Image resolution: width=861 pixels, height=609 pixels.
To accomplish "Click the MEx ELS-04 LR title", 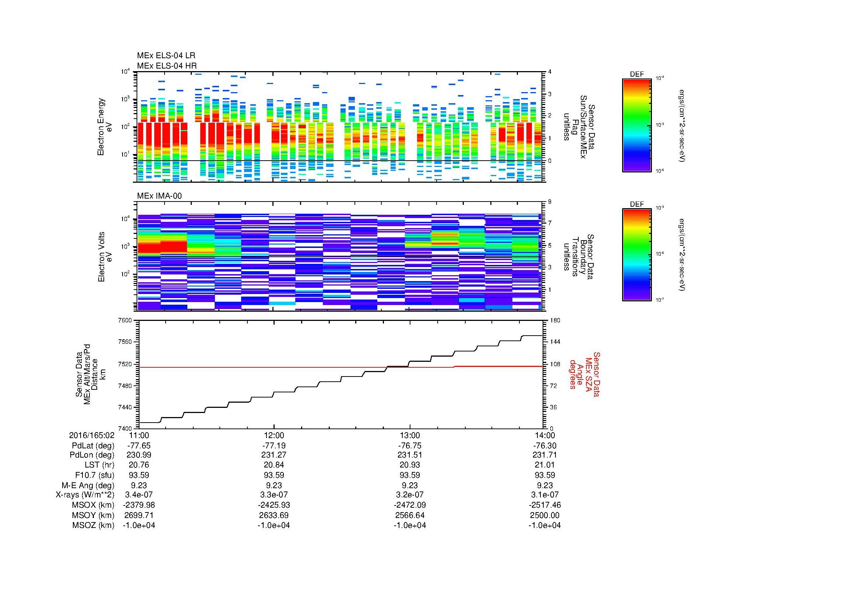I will click(166, 56).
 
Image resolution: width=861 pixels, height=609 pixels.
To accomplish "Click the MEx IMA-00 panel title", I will click(159, 196).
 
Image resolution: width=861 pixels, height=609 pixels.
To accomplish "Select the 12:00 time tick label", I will click(274, 435).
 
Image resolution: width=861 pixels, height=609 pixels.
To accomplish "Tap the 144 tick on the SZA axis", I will click(555, 342).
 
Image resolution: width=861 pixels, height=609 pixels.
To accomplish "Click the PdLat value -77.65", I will click(139, 445).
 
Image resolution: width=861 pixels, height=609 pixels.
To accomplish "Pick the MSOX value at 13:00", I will click(409, 505).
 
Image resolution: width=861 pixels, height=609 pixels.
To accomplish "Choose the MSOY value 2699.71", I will click(139, 515).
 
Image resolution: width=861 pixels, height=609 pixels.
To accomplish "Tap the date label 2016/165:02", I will click(92, 435).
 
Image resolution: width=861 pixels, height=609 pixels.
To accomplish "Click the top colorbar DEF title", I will click(636, 74).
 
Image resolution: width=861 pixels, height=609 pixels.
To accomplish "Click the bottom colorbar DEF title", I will click(636, 204).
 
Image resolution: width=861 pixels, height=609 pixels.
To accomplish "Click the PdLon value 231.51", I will click(409, 455).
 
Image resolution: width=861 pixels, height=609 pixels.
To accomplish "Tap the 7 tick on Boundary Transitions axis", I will click(550, 223).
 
